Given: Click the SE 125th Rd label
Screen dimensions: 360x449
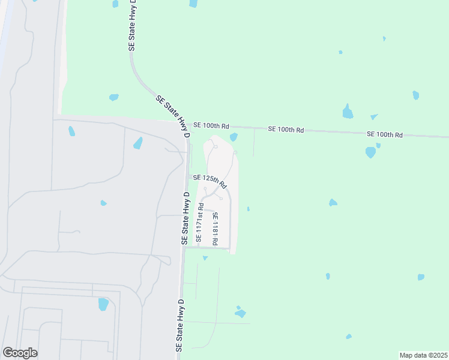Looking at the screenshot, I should (208, 179).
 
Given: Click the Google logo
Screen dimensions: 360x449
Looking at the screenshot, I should (20, 353).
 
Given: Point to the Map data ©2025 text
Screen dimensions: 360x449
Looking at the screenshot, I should (423, 355).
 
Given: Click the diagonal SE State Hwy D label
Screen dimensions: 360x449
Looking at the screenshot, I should (172, 116).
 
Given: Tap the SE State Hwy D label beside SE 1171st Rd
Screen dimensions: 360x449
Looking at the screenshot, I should (185, 218).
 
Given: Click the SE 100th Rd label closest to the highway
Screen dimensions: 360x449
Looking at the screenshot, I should (211, 126).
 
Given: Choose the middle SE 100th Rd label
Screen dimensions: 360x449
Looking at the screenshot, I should (286, 130).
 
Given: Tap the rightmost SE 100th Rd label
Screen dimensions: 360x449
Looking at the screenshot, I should (384, 134).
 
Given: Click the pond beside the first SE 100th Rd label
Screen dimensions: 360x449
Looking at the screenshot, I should (234, 137).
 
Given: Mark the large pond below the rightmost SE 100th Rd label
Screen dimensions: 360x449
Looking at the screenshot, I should (370, 152).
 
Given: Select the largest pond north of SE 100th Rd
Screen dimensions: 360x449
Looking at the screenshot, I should (348, 112).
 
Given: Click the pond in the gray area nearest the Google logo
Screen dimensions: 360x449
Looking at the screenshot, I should (103, 304).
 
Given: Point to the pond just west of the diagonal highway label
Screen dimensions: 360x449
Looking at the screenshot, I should (113, 97).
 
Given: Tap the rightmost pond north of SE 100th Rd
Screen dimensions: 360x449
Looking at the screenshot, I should (415, 95).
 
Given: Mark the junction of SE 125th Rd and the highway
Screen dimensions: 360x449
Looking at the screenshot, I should (187, 177).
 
